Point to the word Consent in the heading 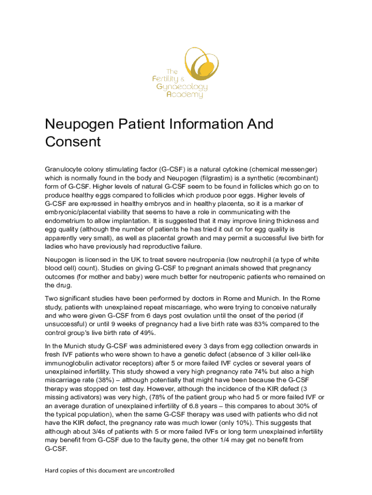pyautogui.click(x=72, y=142)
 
